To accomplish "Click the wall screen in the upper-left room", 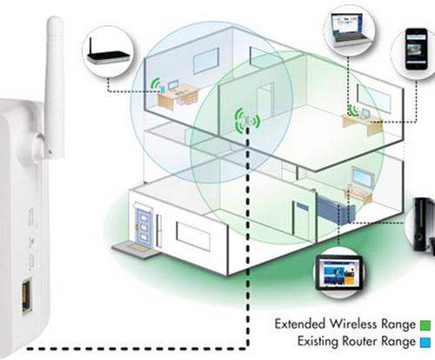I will click(x=205, y=60).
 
